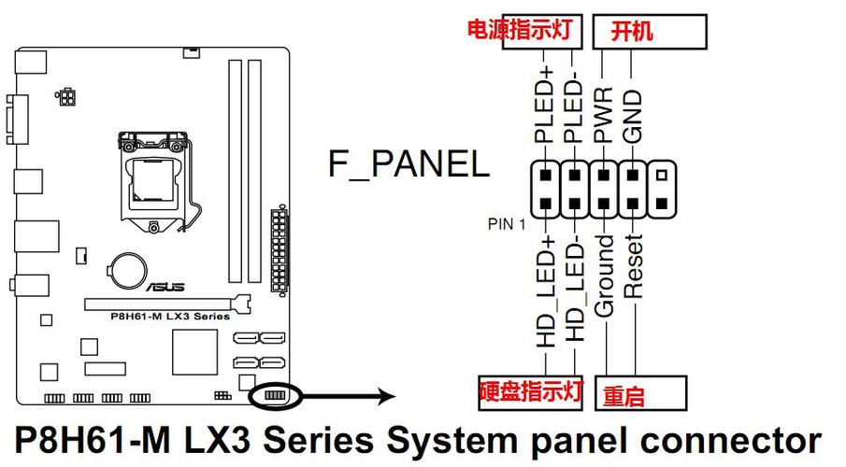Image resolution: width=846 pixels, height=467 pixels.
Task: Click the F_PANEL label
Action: click(x=409, y=164)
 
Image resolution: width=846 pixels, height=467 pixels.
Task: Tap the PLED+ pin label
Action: click(x=545, y=104)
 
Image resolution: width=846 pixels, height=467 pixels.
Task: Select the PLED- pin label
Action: click(x=573, y=104)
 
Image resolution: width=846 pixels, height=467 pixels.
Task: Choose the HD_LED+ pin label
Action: click(x=545, y=291)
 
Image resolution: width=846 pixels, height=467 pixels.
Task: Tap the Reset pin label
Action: click(x=635, y=266)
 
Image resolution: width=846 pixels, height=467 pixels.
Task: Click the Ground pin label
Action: click(x=605, y=276)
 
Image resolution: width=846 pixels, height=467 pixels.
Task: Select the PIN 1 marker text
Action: click(x=508, y=224)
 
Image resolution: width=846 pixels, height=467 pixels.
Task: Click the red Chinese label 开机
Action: click(x=632, y=31)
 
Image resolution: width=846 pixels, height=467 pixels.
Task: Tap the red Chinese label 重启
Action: click(x=624, y=395)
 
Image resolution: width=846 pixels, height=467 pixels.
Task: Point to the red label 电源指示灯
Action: click(x=519, y=29)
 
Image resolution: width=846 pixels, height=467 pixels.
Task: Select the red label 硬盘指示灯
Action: click(x=531, y=391)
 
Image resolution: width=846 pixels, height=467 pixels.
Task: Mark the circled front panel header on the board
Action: click(x=274, y=396)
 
